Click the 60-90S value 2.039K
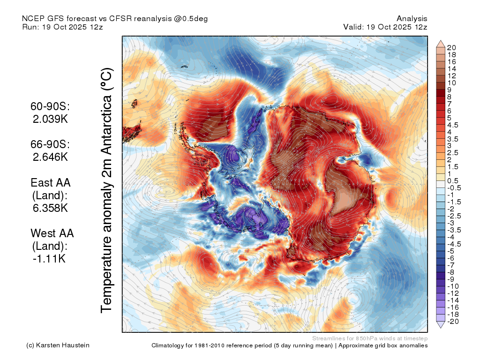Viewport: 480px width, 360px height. coord(50,119)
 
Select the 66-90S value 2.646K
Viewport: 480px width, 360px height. coord(50,157)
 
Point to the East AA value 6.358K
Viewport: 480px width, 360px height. coord(50,208)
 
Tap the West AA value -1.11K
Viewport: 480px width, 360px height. coord(49,259)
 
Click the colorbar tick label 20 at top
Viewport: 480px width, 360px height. coord(451,48)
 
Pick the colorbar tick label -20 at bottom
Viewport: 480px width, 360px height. coord(453,322)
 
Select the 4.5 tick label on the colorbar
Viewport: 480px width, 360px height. coord(453,125)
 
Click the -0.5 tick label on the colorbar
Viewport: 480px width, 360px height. coord(454,188)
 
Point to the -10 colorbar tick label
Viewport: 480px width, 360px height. coord(453,286)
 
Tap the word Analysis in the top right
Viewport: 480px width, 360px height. coord(412,19)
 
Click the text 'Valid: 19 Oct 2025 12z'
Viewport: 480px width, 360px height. coord(385,27)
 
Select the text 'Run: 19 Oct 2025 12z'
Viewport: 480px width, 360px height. coord(62,27)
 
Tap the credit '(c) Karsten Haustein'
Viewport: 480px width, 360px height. coord(58,345)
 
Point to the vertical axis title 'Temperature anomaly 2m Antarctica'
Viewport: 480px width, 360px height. coord(107,190)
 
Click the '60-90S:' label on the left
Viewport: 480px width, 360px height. coord(50,106)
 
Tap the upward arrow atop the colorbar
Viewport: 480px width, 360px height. coord(441,44)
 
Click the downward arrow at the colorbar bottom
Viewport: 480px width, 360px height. coord(441,324)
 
